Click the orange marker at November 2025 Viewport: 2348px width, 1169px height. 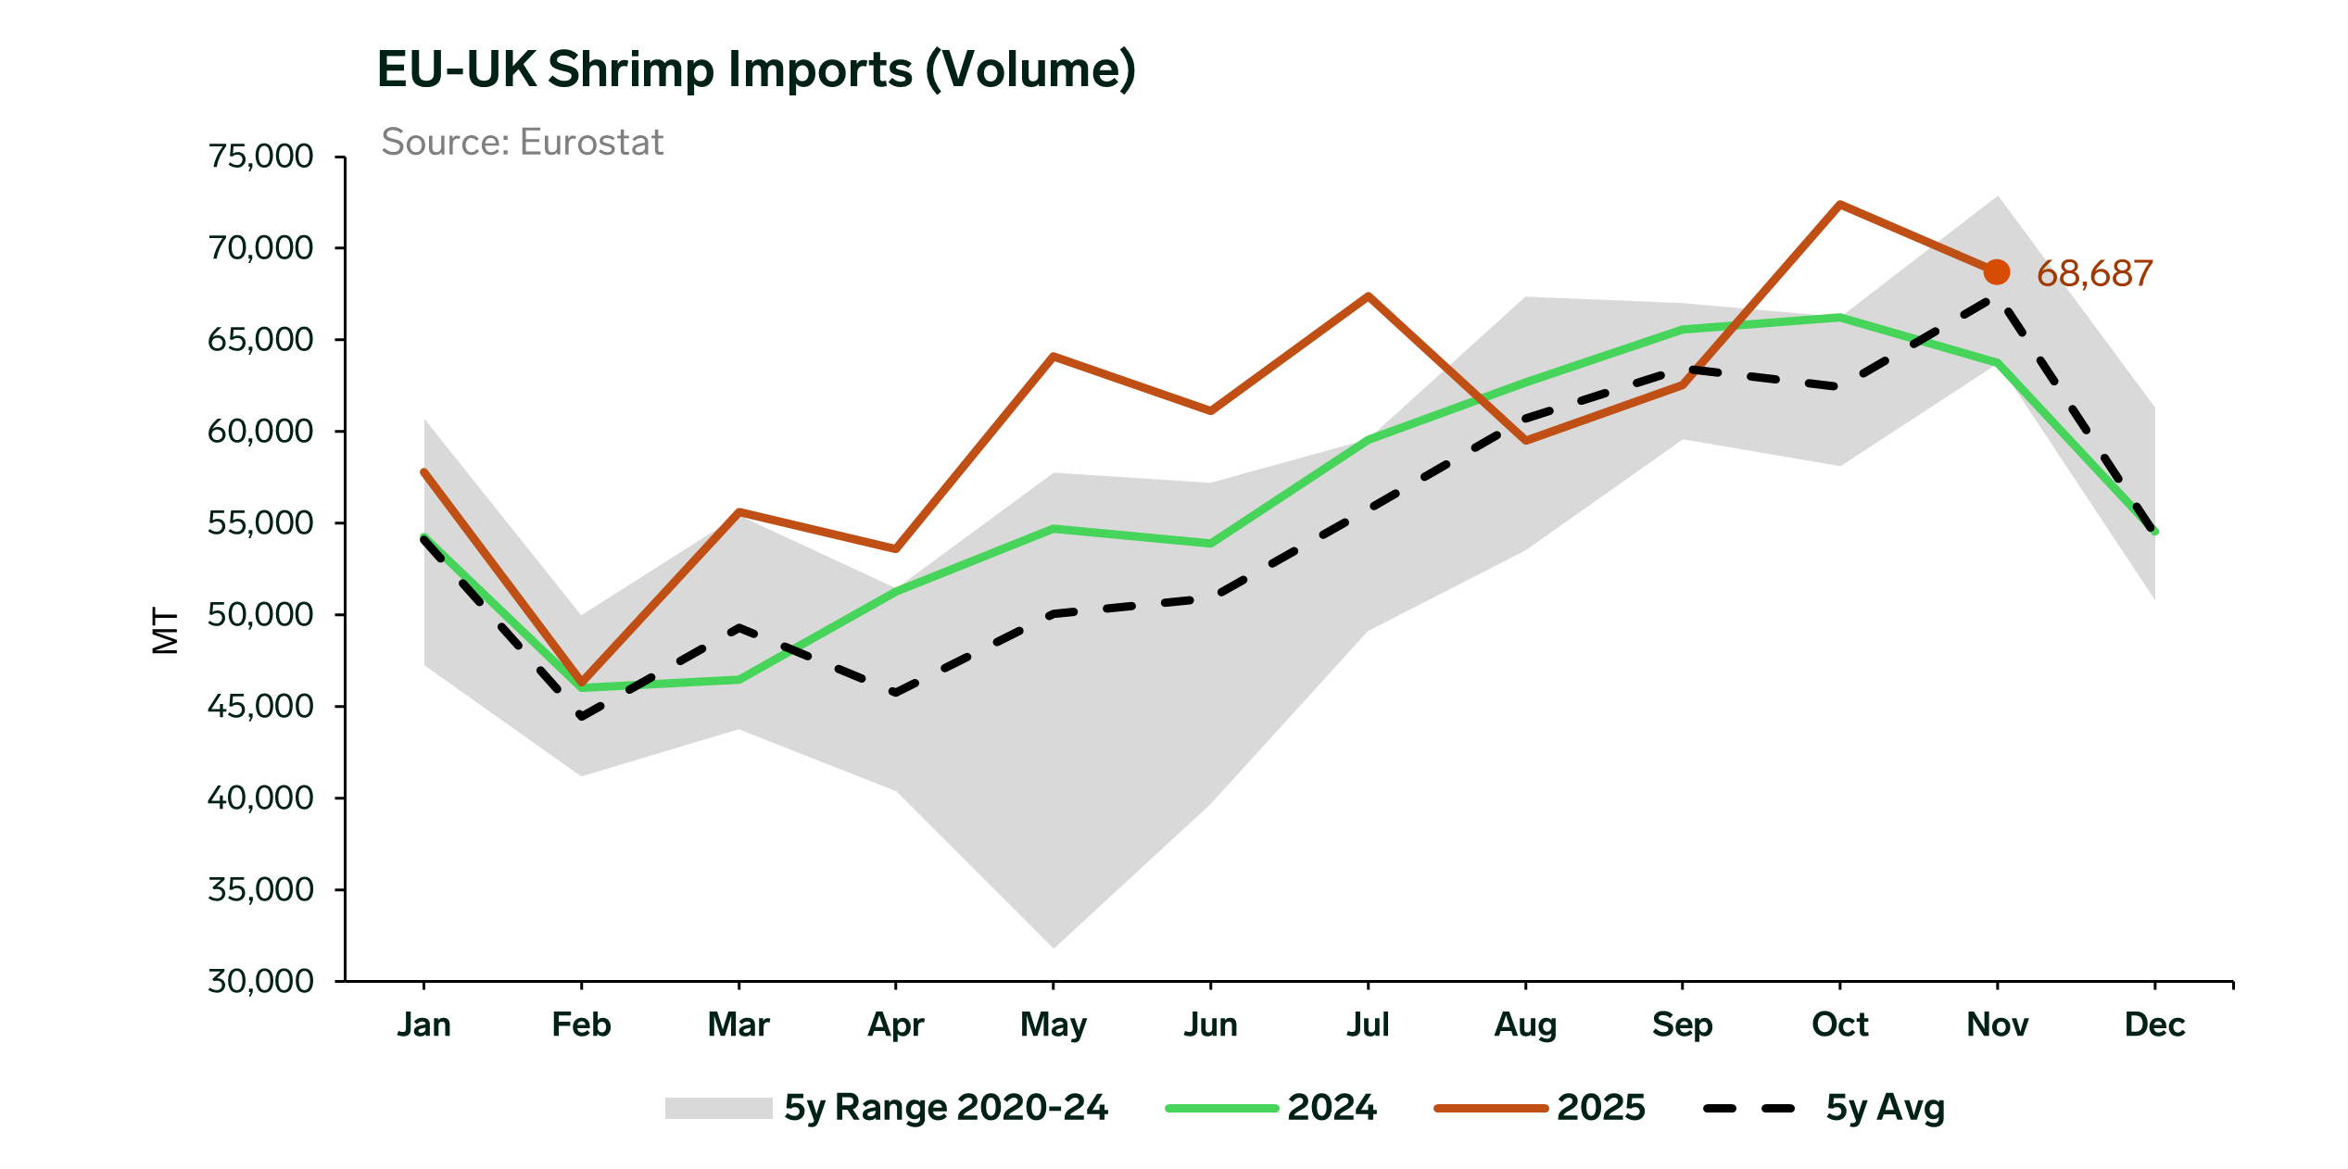point(1997,272)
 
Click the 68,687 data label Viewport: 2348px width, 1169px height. point(2094,274)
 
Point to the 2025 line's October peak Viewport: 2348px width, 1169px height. point(1839,205)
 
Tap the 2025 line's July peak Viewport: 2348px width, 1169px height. point(1368,296)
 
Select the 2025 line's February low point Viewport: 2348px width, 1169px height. point(582,683)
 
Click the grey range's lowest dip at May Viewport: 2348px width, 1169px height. point(1054,946)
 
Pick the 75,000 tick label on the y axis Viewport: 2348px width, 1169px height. point(260,157)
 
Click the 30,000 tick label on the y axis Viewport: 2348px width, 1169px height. point(260,981)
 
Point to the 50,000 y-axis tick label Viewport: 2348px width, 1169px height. point(260,614)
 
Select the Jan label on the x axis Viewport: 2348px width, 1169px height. point(424,1024)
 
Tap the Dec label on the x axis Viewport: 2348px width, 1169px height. point(2154,1024)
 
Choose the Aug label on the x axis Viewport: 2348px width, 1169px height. point(1525,1024)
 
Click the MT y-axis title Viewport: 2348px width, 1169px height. point(165,631)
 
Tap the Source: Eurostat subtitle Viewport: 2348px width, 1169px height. point(523,143)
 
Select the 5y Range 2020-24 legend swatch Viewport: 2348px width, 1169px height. point(718,1108)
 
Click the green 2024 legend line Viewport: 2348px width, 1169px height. point(1221,1108)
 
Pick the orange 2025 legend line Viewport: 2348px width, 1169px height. point(1490,1108)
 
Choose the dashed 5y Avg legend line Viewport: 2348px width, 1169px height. point(1749,1108)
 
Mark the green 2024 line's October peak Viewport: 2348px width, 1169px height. point(1839,318)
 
